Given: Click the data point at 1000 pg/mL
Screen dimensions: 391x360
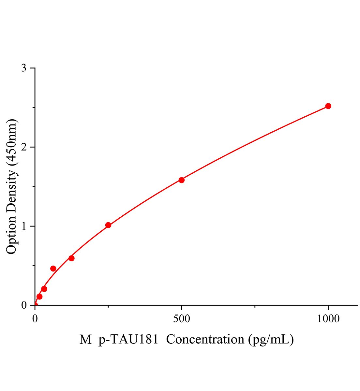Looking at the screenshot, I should [x=328, y=106].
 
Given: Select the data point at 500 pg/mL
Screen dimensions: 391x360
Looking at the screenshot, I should [x=182, y=180].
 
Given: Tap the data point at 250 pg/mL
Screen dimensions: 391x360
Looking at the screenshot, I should [x=108, y=225].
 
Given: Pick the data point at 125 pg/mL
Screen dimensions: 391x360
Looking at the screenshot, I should [x=71, y=258].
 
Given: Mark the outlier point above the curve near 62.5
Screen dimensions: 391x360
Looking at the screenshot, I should [x=53, y=268].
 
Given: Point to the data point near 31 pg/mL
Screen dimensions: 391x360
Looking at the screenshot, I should [x=44, y=289].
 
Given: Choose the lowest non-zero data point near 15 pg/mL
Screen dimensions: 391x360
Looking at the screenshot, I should [x=39, y=297].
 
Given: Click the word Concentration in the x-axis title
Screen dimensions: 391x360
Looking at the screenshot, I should [x=205, y=340].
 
